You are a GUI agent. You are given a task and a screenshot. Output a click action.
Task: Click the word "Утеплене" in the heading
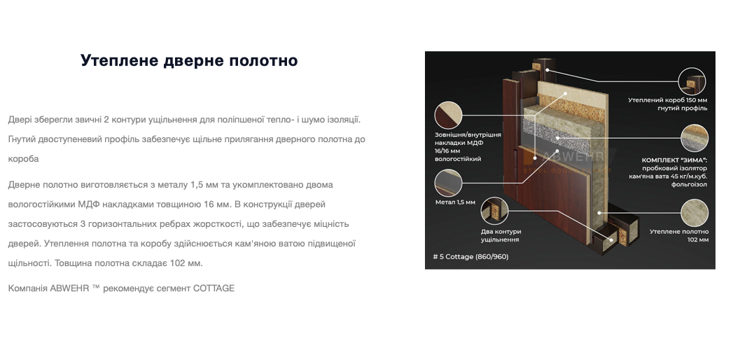click(120, 61)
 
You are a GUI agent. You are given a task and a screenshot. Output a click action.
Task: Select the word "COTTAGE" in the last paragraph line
click(214, 289)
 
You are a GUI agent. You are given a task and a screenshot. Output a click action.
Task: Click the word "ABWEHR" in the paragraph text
click(69, 289)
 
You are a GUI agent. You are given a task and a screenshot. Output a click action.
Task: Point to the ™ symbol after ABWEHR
click(96, 287)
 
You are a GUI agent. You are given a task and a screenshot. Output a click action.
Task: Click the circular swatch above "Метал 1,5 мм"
click(448, 184)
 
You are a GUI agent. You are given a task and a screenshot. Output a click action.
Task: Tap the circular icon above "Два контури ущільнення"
click(494, 210)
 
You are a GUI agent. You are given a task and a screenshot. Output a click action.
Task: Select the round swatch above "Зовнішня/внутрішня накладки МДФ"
click(448, 115)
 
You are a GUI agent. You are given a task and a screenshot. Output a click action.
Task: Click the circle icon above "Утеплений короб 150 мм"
click(692, 81)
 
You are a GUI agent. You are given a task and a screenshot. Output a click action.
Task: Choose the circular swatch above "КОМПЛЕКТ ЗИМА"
click(694, 138)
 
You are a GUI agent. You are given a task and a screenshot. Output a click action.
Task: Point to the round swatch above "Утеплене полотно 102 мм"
click(694, 213)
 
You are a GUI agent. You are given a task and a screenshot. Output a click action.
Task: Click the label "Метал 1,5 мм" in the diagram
click(455, 202)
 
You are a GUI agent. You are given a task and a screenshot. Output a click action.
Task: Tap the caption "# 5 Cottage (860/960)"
click(470, 256)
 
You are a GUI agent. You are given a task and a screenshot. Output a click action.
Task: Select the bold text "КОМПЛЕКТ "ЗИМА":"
click(674, 160)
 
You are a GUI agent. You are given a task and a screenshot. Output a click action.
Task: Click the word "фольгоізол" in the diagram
click(689, 184)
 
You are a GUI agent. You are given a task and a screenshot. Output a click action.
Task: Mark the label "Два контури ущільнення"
click(501, 235)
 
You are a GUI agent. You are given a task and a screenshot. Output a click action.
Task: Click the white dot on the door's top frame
click(547, 70)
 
